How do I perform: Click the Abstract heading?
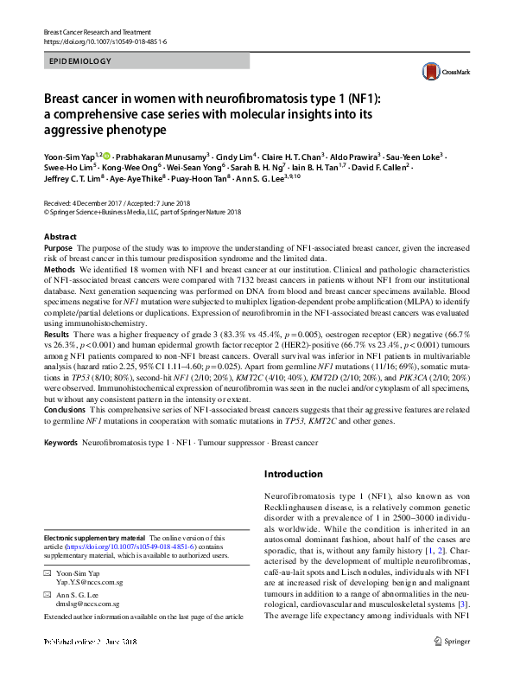pyautogui.click(x=61, y=236)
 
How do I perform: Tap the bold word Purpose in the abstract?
pyautogui.click(x=59, y=248)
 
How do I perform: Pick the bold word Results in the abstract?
pyautogui.click(x=57, y=357)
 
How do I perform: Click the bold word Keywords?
pyautogui.click(x=60, y=443)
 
